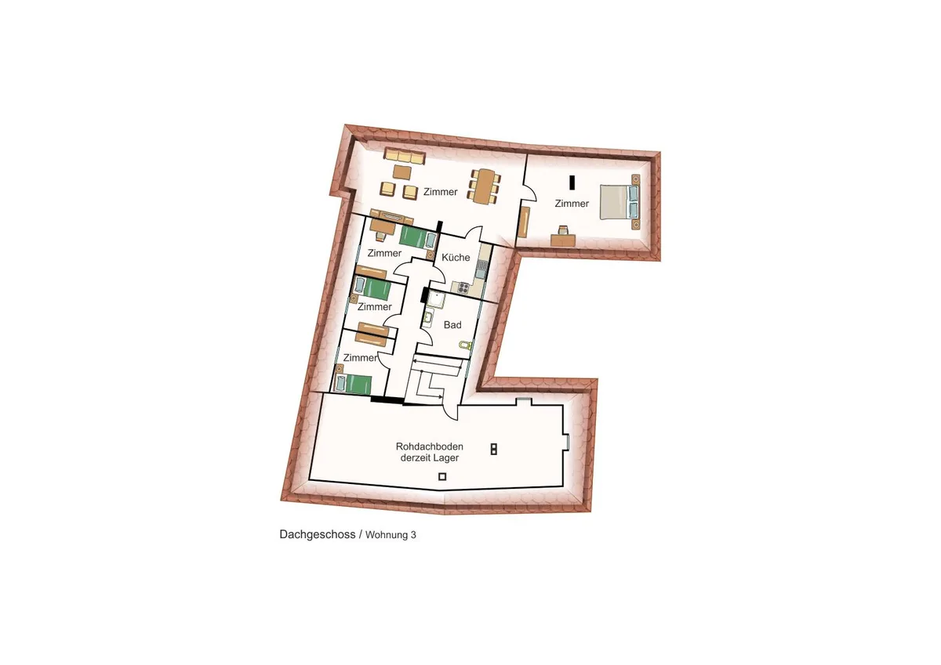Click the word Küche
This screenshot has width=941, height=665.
tap(456, 257)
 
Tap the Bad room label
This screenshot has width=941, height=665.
tap(452, 325)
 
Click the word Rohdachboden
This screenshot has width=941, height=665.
tap(423, 446)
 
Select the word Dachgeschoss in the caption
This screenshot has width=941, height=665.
tap(318, 534)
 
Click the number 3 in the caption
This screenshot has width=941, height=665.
tap(413, 534)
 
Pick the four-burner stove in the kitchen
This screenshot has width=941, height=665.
tap(463, 287)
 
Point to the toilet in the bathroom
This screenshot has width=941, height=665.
tap(466, 345)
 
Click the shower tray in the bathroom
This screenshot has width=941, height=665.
tap(436, 299)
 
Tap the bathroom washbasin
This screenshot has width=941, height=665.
tap(428, 317)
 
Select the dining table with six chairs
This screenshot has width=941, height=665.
tap(485, 186)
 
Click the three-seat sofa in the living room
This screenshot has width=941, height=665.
tap(405, 156)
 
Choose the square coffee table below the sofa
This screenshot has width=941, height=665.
tap(402, 172)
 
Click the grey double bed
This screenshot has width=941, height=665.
tap(619, 202)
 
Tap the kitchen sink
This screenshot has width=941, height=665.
tap(481, 269)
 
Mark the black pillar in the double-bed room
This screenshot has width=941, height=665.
tap(572, 183)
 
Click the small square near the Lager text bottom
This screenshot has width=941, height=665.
tap(442, 476)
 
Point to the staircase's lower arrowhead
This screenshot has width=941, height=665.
tap(440, 396)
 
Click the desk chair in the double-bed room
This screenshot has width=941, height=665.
tap(562, 230)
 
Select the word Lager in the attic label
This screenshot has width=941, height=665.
tap(446, 457)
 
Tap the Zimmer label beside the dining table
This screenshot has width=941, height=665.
tap(440, 192)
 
